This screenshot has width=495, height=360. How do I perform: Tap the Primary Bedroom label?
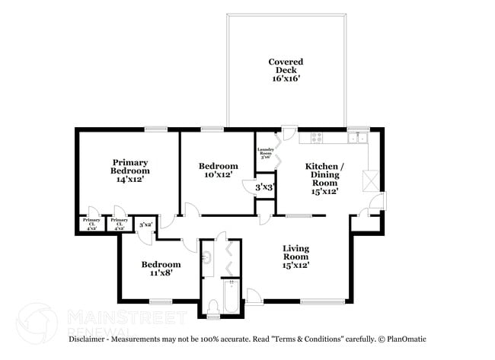point(130,170)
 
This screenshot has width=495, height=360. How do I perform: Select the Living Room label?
point(296,257)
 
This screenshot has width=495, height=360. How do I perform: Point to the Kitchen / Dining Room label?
point(324,178)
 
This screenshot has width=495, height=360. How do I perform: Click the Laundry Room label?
point(265,152)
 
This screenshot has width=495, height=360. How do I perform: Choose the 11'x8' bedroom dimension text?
point(161,274)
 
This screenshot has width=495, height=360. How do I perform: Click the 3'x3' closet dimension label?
point(264,186)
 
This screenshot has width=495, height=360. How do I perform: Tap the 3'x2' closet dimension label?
point(145,225)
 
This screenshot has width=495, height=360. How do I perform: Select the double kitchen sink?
point(357,138)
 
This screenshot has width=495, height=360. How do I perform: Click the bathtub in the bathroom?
point(232,298)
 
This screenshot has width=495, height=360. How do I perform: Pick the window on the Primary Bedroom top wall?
point(155,129)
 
